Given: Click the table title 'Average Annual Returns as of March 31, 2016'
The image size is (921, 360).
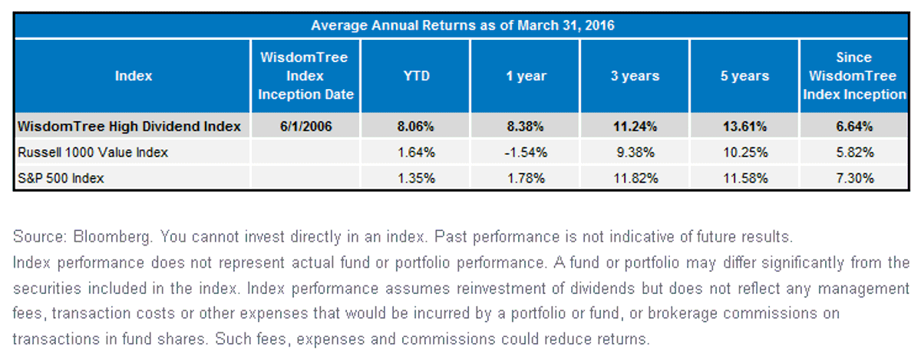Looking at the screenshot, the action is point(462,25).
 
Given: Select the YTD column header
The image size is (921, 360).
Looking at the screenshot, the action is point(416,76).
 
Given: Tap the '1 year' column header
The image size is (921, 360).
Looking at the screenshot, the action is point(526,76).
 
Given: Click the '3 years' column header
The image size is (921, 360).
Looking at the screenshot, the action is point(635,76).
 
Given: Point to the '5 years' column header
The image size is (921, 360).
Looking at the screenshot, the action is point(744,76).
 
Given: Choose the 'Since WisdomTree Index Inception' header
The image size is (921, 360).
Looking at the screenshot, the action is point(854,76).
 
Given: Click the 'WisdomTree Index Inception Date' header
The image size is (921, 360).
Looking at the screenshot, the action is point(305,76).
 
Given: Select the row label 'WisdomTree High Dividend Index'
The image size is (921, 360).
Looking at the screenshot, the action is point(129,127).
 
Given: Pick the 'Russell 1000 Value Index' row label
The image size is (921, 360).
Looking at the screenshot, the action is point(93,153).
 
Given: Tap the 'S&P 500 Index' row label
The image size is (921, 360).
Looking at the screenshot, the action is point(61,178).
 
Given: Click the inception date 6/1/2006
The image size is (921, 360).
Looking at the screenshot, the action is point(305,127).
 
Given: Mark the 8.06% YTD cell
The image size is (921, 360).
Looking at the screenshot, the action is point(415,127).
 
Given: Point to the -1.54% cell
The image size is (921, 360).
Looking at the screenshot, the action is point(526,153).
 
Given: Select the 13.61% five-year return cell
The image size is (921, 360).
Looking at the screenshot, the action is point(744,127).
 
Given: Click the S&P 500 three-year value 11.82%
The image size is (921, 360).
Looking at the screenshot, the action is point(635,178).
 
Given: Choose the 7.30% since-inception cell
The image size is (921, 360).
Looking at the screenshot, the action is point(855,178).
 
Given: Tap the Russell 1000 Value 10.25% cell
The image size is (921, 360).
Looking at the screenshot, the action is point(745,153).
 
